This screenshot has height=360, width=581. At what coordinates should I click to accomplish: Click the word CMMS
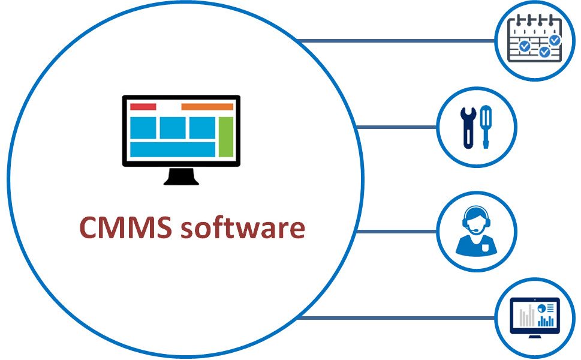click(126, 227)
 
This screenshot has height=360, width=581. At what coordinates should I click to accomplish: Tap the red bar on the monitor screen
click(143, 107)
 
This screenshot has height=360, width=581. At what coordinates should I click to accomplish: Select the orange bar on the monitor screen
click(207, 107)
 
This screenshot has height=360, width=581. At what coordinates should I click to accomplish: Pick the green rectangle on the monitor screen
click(225, 137)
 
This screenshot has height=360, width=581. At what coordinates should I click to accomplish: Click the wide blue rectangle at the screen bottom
click(173, 149)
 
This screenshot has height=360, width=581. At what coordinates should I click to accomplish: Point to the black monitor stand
click(182, 176)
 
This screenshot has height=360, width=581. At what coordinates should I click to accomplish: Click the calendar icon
click(535, 38)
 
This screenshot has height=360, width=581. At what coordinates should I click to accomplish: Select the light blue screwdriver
click(486, 127)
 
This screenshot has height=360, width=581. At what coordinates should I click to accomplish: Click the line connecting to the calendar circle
click(396, 40)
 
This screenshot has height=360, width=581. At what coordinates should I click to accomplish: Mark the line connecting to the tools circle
click(396, 127)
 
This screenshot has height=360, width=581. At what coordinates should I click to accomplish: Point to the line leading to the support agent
click(396, 232)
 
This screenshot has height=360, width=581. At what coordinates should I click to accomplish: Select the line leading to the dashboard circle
click(396, 318)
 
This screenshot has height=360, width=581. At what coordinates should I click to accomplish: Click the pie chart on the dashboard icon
click(541, 308)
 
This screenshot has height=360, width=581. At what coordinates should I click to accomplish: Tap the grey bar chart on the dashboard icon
click(527, 316)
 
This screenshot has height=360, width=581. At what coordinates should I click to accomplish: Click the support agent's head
click(476, 221)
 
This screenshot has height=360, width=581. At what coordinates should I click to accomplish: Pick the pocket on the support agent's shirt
click(485, 248)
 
